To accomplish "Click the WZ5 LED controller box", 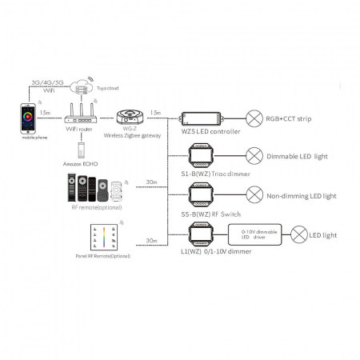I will point(203,118).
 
